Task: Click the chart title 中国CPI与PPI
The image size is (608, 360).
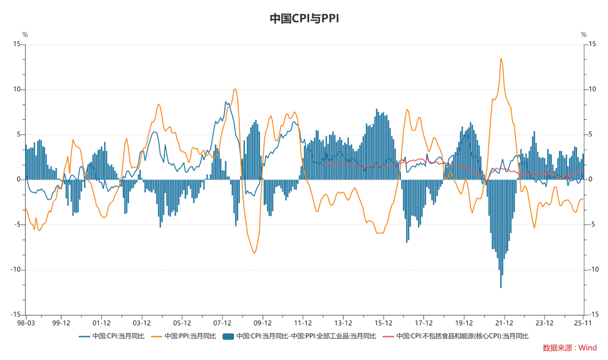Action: (304, 18)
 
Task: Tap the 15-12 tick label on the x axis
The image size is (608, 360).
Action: (383, 323)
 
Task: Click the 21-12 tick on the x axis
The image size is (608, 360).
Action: (504, 323)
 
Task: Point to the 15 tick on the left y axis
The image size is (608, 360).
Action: (17, 44)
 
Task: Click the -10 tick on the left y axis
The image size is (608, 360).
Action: (15, 270)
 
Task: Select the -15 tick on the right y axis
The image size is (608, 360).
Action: (592, 315)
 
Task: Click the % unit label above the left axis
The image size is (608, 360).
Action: (25, 34)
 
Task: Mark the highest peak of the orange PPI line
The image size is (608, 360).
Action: (500, 58)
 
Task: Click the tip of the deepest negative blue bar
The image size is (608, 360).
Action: (501, 287)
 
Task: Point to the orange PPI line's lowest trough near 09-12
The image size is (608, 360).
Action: (254, 253)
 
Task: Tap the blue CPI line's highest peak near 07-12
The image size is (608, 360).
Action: (225, 102)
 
